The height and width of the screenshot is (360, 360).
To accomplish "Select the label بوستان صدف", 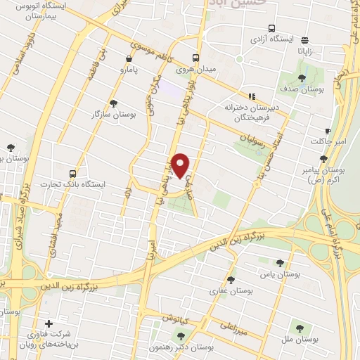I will (x=302, y=89).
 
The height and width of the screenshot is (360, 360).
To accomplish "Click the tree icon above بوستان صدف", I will (x=302, y=78).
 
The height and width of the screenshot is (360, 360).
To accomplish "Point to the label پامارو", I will (x=128, y=70).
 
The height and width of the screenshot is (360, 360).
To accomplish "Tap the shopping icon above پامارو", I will (x=128, y=60).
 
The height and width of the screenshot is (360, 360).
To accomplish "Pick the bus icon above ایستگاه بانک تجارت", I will (x=74, y=173).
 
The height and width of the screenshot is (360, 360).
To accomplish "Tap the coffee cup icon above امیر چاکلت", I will (x=328, y=131).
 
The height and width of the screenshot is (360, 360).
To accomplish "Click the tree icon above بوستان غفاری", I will (x=231, y=280).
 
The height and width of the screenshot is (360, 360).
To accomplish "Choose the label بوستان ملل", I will (x=304, y=338).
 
